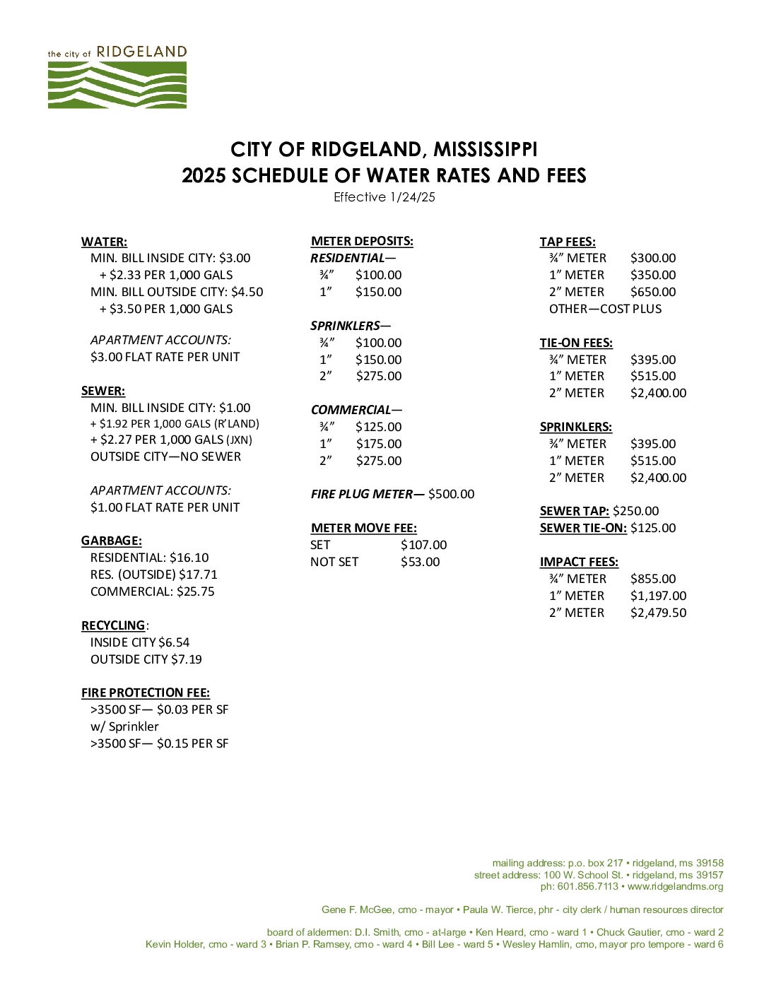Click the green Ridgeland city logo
click(x=117, y=78)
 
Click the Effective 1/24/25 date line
click(x=384, y=197)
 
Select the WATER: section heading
click(x=104, y=242)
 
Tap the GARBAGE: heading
click(x=112, y=541)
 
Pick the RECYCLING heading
click(x=113, y=625)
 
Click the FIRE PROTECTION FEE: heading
click(x=146, y=693)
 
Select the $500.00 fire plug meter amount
click(x=451, y=494)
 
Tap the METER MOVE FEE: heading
click(x=363, y=528)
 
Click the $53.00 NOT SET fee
click(x=420, y=562)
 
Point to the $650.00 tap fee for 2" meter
click(x=653, y=292)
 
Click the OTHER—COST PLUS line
click(x=605, y=309)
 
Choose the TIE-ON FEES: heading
click(x=576, y=343)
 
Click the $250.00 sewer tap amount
click(x=635, y=511)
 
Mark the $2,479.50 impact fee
click(x=658, y=613)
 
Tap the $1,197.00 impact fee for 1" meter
click(x=658, y=596)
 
